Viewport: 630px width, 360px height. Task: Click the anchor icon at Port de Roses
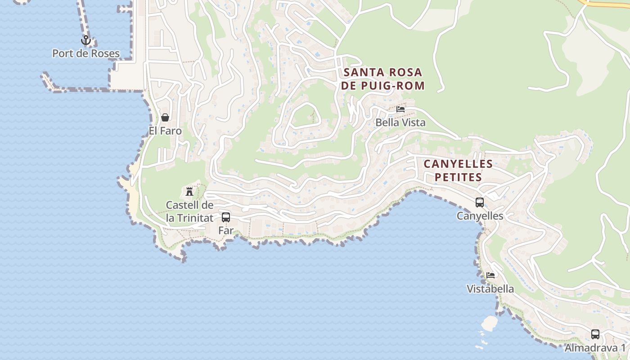(x=85, y=40)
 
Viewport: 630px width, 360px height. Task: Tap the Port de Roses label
(x=86, y=54)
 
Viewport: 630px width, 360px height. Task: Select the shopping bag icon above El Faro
(x=165, y=117)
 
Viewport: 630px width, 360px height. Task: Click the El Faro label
(x=165, y=131)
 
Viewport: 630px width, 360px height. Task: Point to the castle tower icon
(x=189, y=191)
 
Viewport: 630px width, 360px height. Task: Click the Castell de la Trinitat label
(x=189, y=211)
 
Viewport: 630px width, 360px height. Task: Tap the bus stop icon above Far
(x=226, y=217)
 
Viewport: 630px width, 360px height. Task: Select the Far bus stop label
(x=226, y=230)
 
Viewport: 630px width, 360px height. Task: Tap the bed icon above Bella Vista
(x=400, y=109)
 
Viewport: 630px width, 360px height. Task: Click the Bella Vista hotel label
(x=400, y=122)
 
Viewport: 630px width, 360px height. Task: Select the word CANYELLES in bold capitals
(x=458, y=164)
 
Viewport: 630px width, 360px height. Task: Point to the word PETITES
(x=458, y=177)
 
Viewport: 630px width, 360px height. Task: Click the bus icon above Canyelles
(x=480, y=202)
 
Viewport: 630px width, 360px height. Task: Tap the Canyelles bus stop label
(x=480, y=216)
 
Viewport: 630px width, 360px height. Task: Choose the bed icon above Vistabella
(x=490, y=275)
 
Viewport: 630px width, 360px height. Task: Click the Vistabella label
(x=490, y=289)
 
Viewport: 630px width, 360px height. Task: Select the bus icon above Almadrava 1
(x=595, y=334)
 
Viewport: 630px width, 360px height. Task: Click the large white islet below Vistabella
(x=489, y=323)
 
